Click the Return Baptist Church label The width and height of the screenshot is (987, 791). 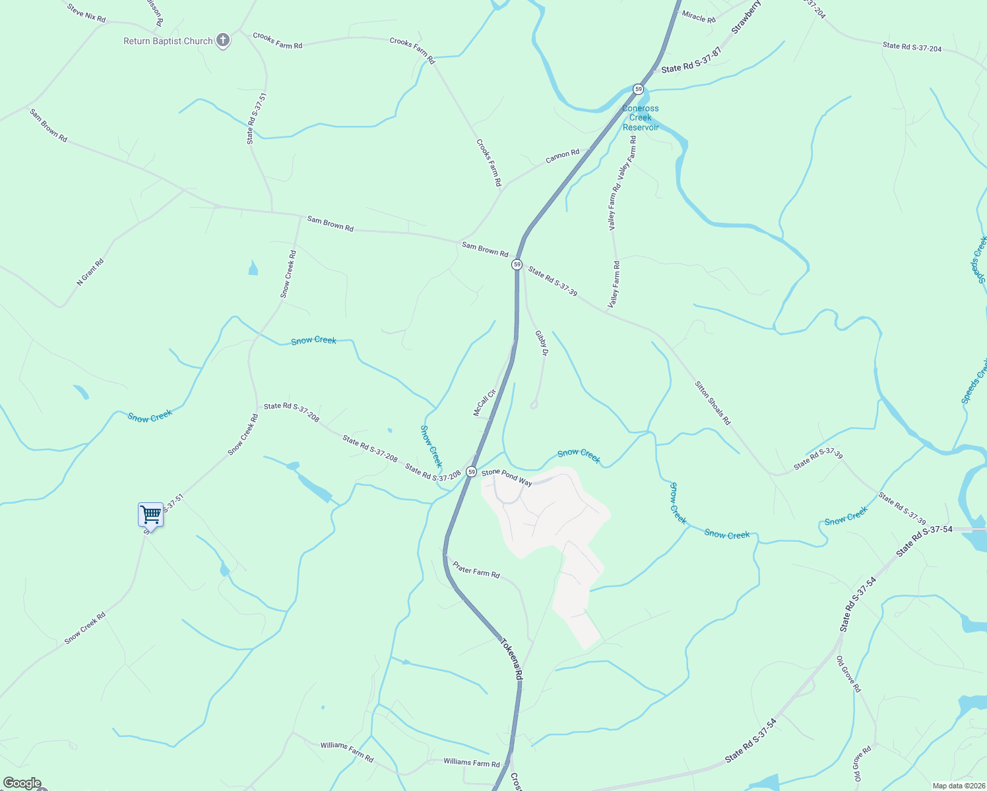coord(168,41)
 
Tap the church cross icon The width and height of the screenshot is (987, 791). coord(223,41)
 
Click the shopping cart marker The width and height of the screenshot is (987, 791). coord(151,514)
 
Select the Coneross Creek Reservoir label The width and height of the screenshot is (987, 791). coord(640,118)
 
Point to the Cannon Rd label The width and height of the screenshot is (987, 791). coord(562,156)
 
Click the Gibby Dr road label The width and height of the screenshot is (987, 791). coord(542,343)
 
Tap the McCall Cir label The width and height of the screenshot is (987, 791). coord(484,403)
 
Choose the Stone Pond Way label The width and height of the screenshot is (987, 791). coord(507,477)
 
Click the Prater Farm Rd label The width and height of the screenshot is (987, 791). coord(476,569)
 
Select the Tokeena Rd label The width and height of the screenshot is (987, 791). coord(511,659)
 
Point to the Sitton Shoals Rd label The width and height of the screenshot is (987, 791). coord(713,402)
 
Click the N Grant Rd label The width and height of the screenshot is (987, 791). coord(90,272)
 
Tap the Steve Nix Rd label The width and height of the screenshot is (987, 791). coord(86,13)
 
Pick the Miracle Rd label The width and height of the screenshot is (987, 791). coord(698,16)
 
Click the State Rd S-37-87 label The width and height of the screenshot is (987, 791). coord(691,61)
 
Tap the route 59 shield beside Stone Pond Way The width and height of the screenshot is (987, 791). coord(471,471)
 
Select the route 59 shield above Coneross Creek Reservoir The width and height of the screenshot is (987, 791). coord(638,89)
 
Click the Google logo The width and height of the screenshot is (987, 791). coord(22,783)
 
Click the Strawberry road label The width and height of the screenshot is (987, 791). coord(746,16)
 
